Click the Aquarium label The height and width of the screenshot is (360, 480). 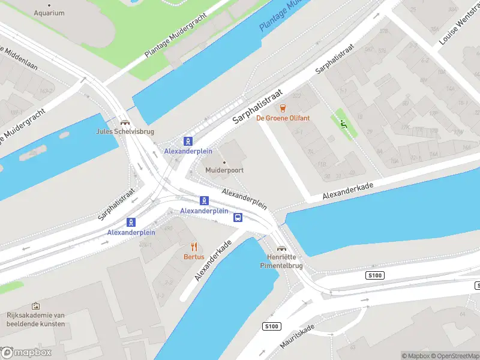49,13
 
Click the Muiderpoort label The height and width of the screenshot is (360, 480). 224,170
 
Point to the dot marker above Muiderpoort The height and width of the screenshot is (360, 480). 224,162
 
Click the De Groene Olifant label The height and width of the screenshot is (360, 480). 283,118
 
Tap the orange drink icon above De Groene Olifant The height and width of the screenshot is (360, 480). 283,108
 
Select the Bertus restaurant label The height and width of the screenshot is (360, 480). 194,257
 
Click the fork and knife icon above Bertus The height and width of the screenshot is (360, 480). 194,246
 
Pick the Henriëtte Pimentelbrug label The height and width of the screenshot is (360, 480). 281,261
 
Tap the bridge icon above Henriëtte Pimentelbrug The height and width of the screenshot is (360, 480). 281,248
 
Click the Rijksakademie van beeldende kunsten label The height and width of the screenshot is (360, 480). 36,319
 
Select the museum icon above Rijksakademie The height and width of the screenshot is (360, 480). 36,306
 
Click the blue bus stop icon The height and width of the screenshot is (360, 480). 238,217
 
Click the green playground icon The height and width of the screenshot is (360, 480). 343,124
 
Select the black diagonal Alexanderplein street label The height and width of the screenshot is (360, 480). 244,198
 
